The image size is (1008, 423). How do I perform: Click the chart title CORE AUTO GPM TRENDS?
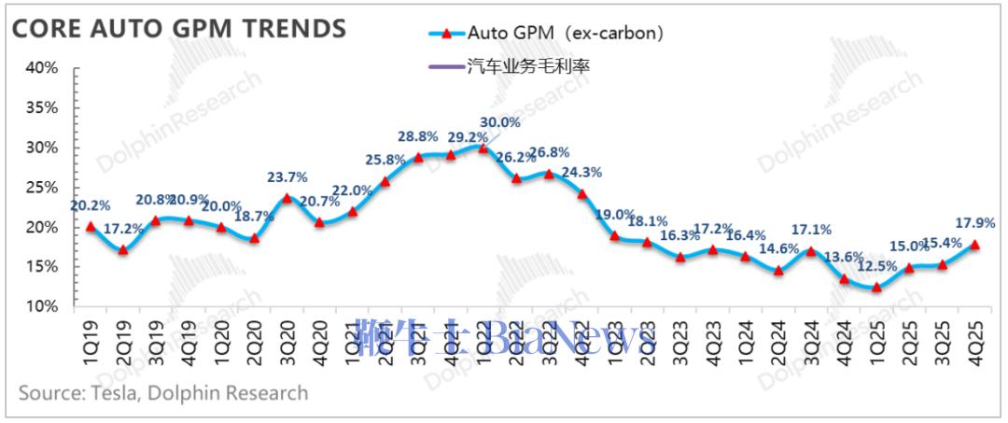tap(178, 29)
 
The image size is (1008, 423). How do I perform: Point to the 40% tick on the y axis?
tap(42, 68)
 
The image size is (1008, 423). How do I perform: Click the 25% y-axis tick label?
tap(42, 188)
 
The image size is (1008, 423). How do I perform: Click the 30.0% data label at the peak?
tap(500, 122)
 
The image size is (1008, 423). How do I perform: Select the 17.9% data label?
tap(976, 223)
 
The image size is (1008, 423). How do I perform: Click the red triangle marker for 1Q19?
tap(91, 226)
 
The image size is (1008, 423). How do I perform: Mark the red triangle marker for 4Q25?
tap(974, 245)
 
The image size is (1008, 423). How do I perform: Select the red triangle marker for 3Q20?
tap(287, 198)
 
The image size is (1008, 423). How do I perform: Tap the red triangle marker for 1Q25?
tap(876, 288)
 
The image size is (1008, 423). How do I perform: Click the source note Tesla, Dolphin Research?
tap(163, 393)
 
